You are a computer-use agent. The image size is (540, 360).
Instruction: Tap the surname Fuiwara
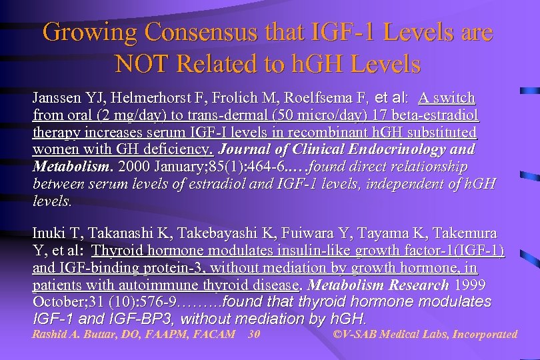304,233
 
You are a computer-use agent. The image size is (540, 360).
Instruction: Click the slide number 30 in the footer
253,334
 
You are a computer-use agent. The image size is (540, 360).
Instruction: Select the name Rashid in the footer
51,334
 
